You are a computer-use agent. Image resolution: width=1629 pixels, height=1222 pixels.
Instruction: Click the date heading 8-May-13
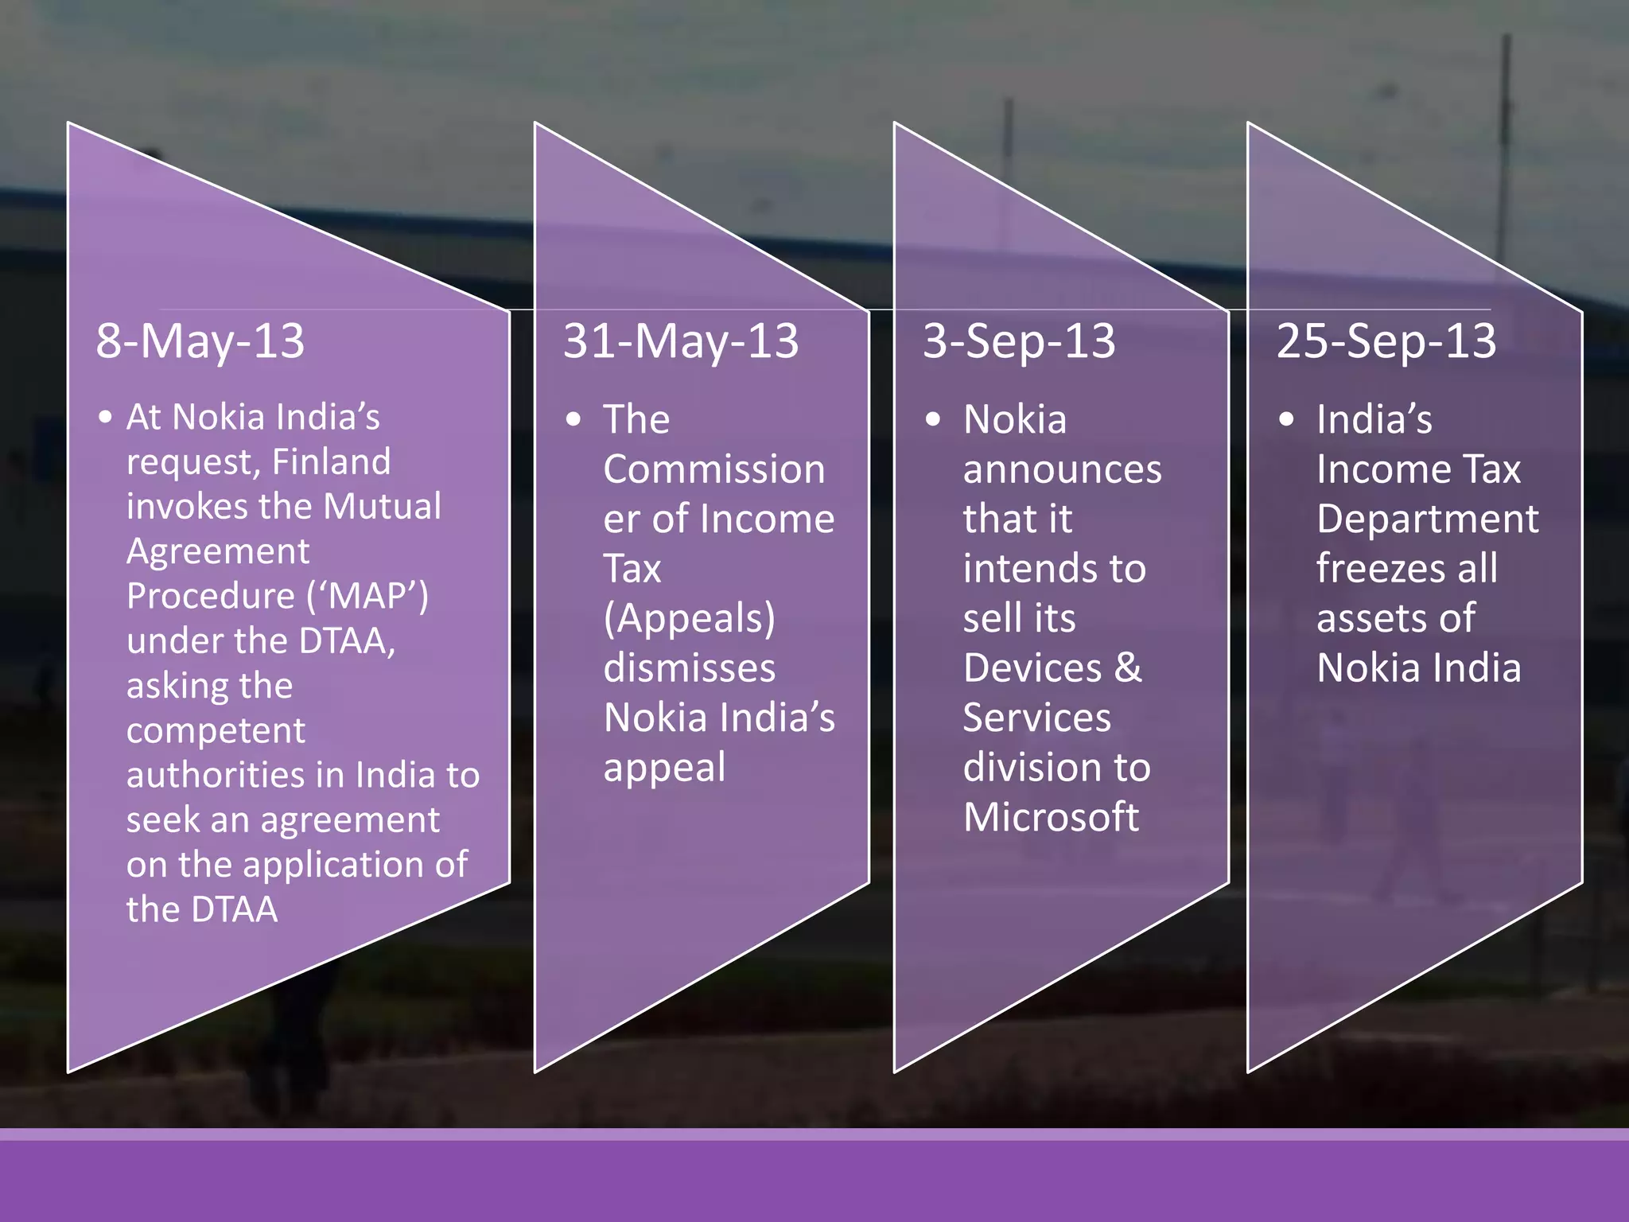[x=200, y=341]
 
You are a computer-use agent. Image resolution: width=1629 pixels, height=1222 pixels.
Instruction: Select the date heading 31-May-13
[x=681, y=341]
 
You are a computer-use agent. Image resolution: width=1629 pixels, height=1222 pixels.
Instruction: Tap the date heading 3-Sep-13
[x=1019, y=341]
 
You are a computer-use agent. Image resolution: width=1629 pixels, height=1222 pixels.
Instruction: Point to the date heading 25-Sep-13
[x=1386, y=341]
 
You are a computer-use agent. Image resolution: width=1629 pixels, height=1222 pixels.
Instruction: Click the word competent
[x=216, y=730]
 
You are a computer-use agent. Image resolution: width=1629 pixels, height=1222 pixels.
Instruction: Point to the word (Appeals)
[x=689, y=619]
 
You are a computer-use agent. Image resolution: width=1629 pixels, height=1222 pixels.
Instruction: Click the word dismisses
[x=689, y=668]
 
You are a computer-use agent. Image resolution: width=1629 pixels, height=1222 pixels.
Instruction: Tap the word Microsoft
[x=1051, y=817]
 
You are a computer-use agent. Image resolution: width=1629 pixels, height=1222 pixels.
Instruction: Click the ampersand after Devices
[x=1128, y=667]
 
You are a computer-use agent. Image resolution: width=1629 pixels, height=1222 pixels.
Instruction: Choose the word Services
[x=1036, y=718]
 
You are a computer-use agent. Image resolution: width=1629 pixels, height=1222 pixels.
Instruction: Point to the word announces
[x=1062, y=469]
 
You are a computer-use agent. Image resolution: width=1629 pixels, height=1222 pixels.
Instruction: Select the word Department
[x=1427, y=520]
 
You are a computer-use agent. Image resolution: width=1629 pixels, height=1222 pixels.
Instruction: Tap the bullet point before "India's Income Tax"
[x=1286, y=419]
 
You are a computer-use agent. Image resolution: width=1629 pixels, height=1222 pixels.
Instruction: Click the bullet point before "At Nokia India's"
[x=105, y=417]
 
